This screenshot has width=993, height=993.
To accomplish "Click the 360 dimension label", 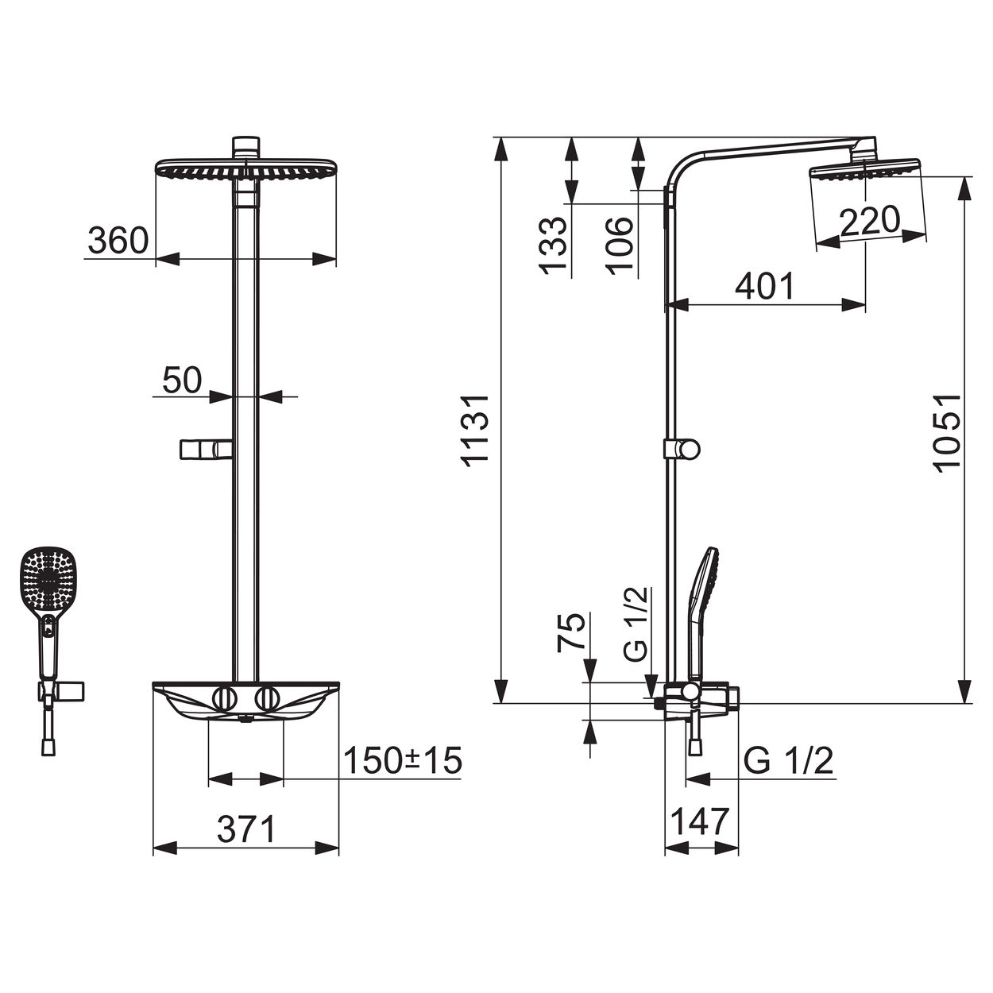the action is [x=118, y=240].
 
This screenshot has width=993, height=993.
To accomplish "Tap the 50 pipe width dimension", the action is [x=182, y=381].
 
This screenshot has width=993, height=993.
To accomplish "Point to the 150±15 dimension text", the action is [x=403, y=760].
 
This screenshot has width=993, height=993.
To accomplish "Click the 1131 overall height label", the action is [x=476, y=431].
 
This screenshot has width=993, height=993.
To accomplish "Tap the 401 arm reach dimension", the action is [x=765, y=286].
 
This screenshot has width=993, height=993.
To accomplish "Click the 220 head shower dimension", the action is [x=869, y=221].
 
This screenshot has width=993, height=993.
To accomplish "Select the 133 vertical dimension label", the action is [x=552, y=245].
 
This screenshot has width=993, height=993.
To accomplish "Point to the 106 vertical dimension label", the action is [x=618, y=245].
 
